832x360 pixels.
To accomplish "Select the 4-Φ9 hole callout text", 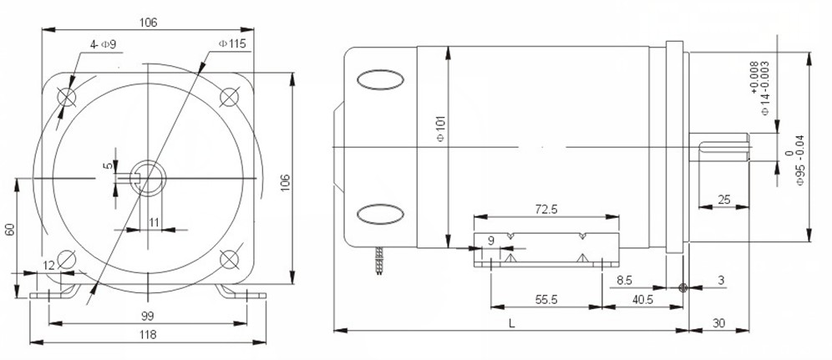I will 103,44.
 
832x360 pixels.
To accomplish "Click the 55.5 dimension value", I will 546,298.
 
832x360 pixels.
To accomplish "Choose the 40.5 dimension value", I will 643,298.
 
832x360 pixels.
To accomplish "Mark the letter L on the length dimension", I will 509,322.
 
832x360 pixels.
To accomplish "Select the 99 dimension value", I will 147,315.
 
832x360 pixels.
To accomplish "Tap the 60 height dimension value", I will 10,227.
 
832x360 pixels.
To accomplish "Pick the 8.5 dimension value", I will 625,281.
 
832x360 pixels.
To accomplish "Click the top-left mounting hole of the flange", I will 68,97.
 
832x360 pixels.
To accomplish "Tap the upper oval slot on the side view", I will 380,81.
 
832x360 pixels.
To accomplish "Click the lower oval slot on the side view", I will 380,215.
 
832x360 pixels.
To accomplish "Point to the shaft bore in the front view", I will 149,176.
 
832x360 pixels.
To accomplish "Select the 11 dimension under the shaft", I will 155,221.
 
